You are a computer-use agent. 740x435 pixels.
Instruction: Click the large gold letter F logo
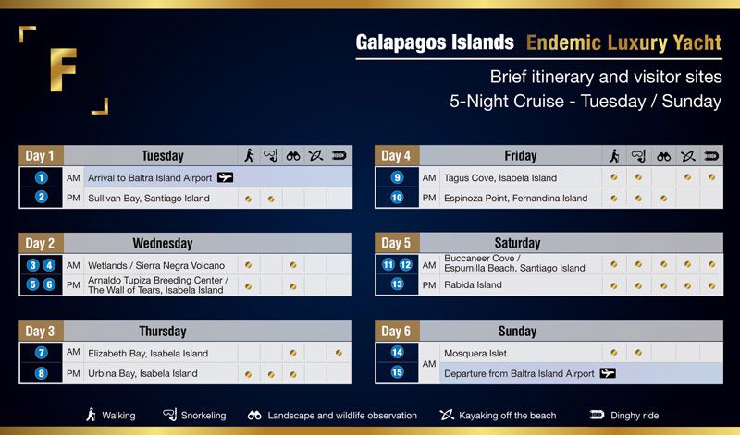63,70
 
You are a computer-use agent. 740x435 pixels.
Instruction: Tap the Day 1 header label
40,156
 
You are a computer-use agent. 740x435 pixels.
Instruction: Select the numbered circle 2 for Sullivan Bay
41,197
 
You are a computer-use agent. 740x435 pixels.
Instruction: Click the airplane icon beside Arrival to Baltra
225,177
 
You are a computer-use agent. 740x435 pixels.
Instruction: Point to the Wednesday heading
163,243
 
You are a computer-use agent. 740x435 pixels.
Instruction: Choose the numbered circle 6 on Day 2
49,284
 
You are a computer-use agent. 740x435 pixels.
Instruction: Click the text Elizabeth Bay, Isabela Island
148,354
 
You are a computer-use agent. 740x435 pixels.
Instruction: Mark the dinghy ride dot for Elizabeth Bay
339,353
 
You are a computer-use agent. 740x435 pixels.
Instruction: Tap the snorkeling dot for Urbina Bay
271,375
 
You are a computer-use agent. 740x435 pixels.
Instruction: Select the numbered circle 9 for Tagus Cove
397,177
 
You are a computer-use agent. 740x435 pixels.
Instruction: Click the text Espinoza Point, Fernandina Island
516,199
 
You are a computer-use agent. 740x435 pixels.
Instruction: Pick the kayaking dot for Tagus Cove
687,177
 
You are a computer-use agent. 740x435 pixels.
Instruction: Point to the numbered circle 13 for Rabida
397,284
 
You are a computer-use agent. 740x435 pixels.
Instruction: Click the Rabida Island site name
473,284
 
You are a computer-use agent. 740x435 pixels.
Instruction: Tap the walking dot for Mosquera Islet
614,352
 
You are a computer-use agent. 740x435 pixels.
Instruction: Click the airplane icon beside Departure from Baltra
608,373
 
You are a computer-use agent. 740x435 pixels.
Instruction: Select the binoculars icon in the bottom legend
254,416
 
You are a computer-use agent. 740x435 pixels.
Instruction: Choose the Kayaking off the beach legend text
507,416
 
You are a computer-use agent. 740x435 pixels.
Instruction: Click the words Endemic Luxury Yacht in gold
623,42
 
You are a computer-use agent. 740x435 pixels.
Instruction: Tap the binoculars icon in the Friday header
663,156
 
